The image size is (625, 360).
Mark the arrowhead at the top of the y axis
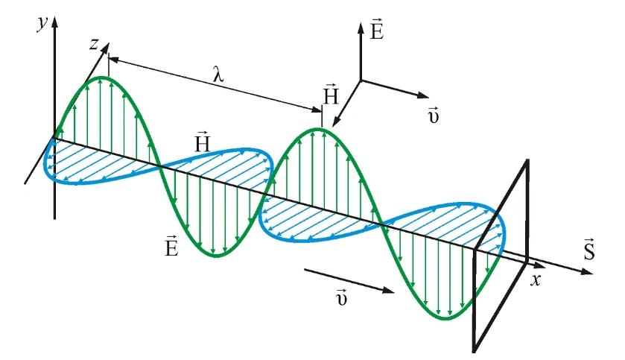[x=54, y=32]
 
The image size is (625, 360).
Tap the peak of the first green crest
[x=107, y=78]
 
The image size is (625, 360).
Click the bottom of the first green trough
[x=216, y=256]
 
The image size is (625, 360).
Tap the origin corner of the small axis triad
[x=361, y=80]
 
